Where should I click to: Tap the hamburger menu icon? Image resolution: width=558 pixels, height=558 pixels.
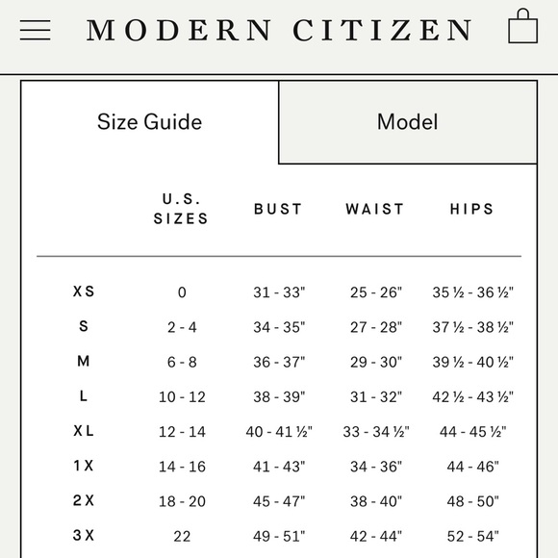[x=36, y=30]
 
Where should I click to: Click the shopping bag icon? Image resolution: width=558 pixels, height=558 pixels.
[x=522, y=28]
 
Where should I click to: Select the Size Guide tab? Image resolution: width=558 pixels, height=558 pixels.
[x=149, y=122]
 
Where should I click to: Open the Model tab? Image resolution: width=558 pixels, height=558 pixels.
[x=407, y=122]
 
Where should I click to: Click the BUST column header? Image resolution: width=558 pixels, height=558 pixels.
[x=278, y=209]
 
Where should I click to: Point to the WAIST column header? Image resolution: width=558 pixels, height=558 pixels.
[x=375, y=209]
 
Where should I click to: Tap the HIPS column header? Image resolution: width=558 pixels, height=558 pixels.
[x=472, y=209]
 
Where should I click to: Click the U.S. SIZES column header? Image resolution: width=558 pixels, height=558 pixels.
[x=181, y=209]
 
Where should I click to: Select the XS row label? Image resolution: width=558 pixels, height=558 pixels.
[x=84, y=292]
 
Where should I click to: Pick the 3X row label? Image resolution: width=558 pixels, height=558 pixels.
[x=84, y=536]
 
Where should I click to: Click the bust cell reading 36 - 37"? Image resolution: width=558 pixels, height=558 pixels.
[x=279, y=362]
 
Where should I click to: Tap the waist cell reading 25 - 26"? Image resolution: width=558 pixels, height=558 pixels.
[x=376, y=292]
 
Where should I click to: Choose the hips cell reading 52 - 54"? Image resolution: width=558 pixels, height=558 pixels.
[x=472, y=536]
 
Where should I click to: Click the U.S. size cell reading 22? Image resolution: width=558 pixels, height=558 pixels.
[x=182, y=536]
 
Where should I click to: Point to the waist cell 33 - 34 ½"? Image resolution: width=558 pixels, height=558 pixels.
[x=376, y=432]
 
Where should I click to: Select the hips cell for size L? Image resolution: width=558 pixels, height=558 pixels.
[x=472, y=396]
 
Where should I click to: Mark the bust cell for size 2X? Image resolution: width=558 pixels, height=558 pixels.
[x=279, y=501]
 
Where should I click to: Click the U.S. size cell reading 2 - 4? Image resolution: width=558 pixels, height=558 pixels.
[x=182, y=327]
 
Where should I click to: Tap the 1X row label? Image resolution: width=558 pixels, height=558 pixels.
[x=84, y=466]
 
